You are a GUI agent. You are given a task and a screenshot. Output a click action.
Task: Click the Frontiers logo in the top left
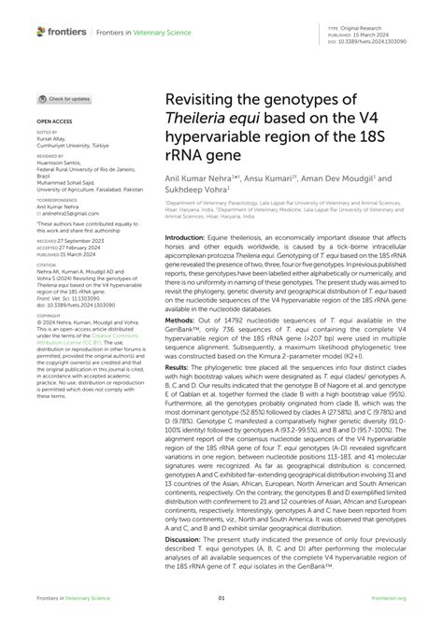[62, 32]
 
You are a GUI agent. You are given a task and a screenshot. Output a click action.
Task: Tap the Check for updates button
[64, 99]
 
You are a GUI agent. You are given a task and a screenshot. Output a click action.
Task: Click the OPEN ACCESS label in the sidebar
[53, 121]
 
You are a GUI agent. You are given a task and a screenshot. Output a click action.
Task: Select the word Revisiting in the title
[203, 100]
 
